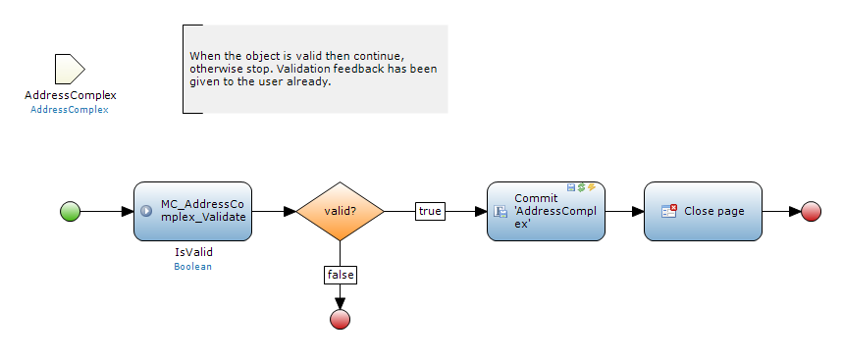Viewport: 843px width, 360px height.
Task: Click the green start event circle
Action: (70, 211)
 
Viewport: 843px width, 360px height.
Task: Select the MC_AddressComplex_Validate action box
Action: (192, 211)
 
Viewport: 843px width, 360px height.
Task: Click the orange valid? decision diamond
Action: (340, 211)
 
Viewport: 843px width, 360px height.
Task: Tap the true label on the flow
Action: (430, 211)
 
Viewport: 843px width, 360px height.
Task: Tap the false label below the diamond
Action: (341, 275)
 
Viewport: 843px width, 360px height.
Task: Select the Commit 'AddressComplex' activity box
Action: (546, 211)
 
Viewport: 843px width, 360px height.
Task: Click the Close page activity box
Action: (703, 211)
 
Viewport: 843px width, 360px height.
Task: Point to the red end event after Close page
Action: (811, 211)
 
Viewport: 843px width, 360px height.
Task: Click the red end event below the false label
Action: (340, 319)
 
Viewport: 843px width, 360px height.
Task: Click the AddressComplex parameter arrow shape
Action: (70, 69)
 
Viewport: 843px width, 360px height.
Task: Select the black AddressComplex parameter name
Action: (71, 96)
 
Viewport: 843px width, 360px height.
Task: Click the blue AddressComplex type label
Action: (70, 110)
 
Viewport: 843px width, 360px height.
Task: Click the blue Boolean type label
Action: (192, 266)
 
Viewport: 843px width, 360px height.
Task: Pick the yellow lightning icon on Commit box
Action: (592, 187)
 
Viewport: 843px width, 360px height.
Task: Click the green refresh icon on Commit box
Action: (581, 187)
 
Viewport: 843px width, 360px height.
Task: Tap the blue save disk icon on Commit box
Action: (571, 187)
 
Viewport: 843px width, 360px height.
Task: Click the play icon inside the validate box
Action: (146, 211)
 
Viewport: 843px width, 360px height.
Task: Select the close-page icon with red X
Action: (669, 211)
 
